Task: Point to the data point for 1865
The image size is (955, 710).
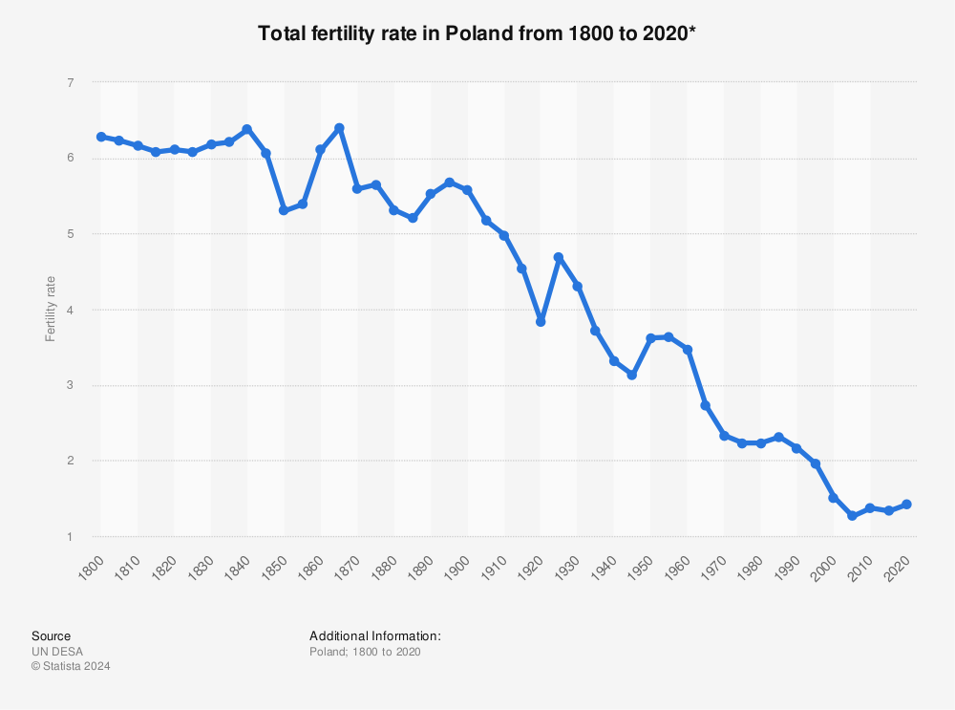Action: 339,128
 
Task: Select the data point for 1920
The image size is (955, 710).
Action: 541,322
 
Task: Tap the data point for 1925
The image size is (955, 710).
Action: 559,257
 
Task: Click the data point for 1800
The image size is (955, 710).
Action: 101,137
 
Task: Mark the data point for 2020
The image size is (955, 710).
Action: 906,505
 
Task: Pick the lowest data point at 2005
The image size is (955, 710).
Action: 852,516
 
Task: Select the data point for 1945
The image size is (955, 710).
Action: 632,376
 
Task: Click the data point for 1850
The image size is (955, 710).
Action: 284,210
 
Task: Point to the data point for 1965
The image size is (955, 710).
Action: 706,406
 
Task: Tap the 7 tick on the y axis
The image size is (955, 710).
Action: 70,83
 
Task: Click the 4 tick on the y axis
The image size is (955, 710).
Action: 70,310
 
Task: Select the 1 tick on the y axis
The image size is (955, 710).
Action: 70,537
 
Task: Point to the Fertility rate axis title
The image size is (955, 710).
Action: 51,310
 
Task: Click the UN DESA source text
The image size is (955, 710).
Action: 57,652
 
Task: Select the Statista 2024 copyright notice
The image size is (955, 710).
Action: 71,667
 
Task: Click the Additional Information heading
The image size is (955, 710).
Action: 374,635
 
